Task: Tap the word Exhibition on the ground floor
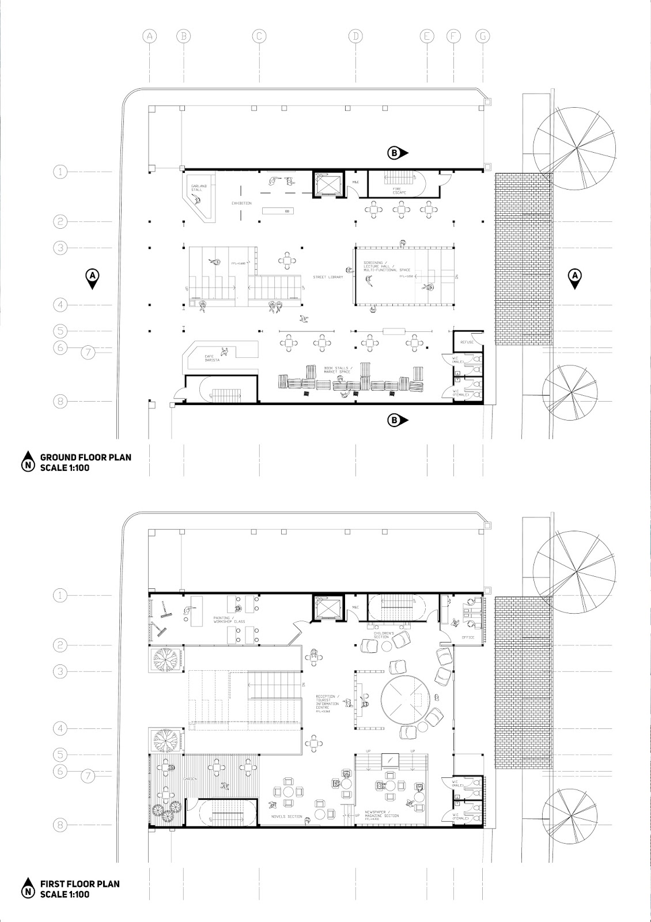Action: [241, 203]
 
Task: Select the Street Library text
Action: [328, 277]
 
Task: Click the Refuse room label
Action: [467, 342]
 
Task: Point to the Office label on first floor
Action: [468, 637]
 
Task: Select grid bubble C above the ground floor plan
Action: [259, 36]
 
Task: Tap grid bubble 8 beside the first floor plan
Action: [60, 825]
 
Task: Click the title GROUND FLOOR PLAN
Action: [85, 458]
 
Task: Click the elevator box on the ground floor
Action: [327, 184]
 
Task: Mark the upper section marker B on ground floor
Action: [396, 153]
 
